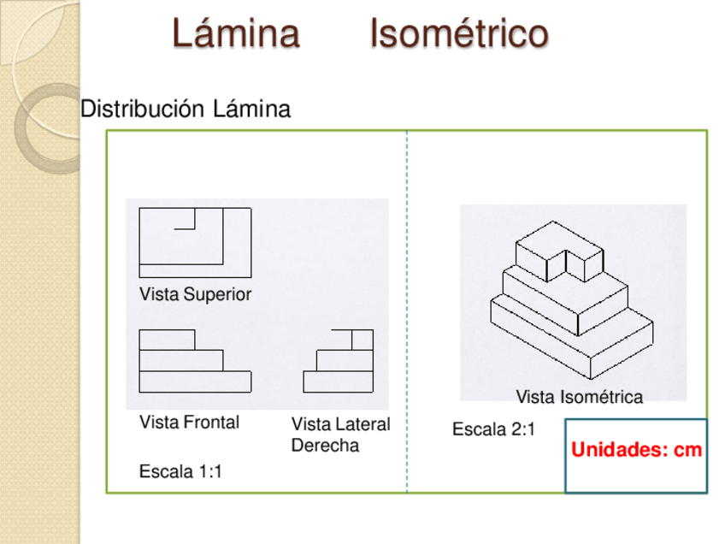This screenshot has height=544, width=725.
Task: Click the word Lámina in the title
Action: pos(235,34)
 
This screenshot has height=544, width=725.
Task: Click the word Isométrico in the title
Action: pos(458,34)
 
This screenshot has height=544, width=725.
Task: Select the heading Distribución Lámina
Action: pos(186,109)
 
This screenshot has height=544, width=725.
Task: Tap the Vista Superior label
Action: pos(195,294)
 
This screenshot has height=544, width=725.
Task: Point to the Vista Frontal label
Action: pos(189,423)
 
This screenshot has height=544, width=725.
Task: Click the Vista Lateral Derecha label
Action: pos(339,435)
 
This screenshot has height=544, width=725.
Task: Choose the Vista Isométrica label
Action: pos(579,397)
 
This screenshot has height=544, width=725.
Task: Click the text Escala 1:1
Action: pos(180,471)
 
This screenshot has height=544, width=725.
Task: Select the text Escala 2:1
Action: pos(493,429)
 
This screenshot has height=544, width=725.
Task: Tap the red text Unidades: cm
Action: pos(636,451)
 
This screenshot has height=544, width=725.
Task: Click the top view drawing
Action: pos(195,242)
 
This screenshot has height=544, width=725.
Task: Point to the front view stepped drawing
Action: pos(195,361)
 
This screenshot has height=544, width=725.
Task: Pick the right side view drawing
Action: pos(339,361)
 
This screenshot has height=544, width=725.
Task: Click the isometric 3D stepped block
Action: pos(570,299)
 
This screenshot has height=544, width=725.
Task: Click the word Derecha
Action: pos(325,446)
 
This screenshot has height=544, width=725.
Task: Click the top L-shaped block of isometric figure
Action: pos(560,250)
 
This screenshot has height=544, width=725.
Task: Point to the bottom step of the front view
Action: pos(195,381)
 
